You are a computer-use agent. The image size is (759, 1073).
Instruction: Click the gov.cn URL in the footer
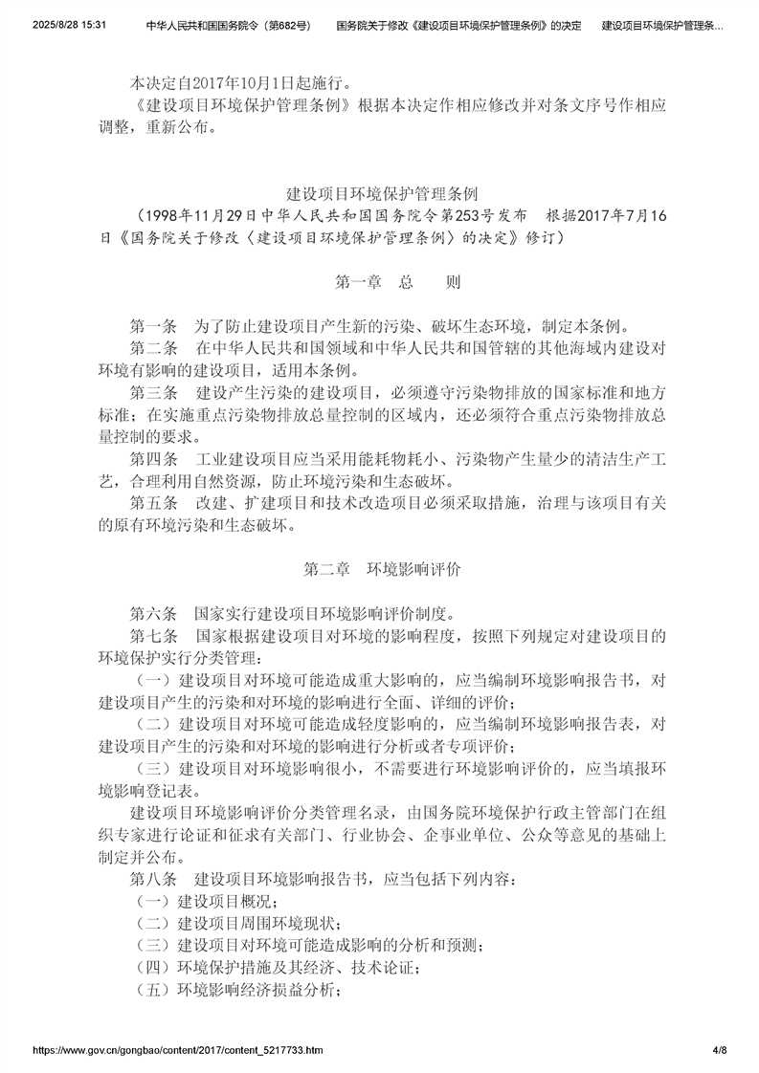pos(178,1050)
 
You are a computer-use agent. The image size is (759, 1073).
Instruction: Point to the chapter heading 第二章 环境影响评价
pos(383,570)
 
